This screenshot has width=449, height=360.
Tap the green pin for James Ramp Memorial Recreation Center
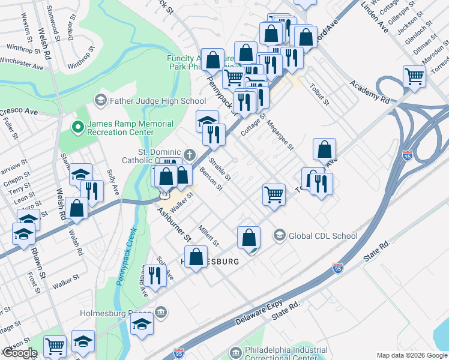coord(77,127)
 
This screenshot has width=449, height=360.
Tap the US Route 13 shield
coord(163,195)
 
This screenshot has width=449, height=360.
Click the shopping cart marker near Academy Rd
coord(414,76)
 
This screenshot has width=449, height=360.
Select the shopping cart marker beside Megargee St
coord(274,194)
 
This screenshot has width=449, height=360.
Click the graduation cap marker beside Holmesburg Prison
coord(142,324)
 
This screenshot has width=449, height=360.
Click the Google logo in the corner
coord(19,353)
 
